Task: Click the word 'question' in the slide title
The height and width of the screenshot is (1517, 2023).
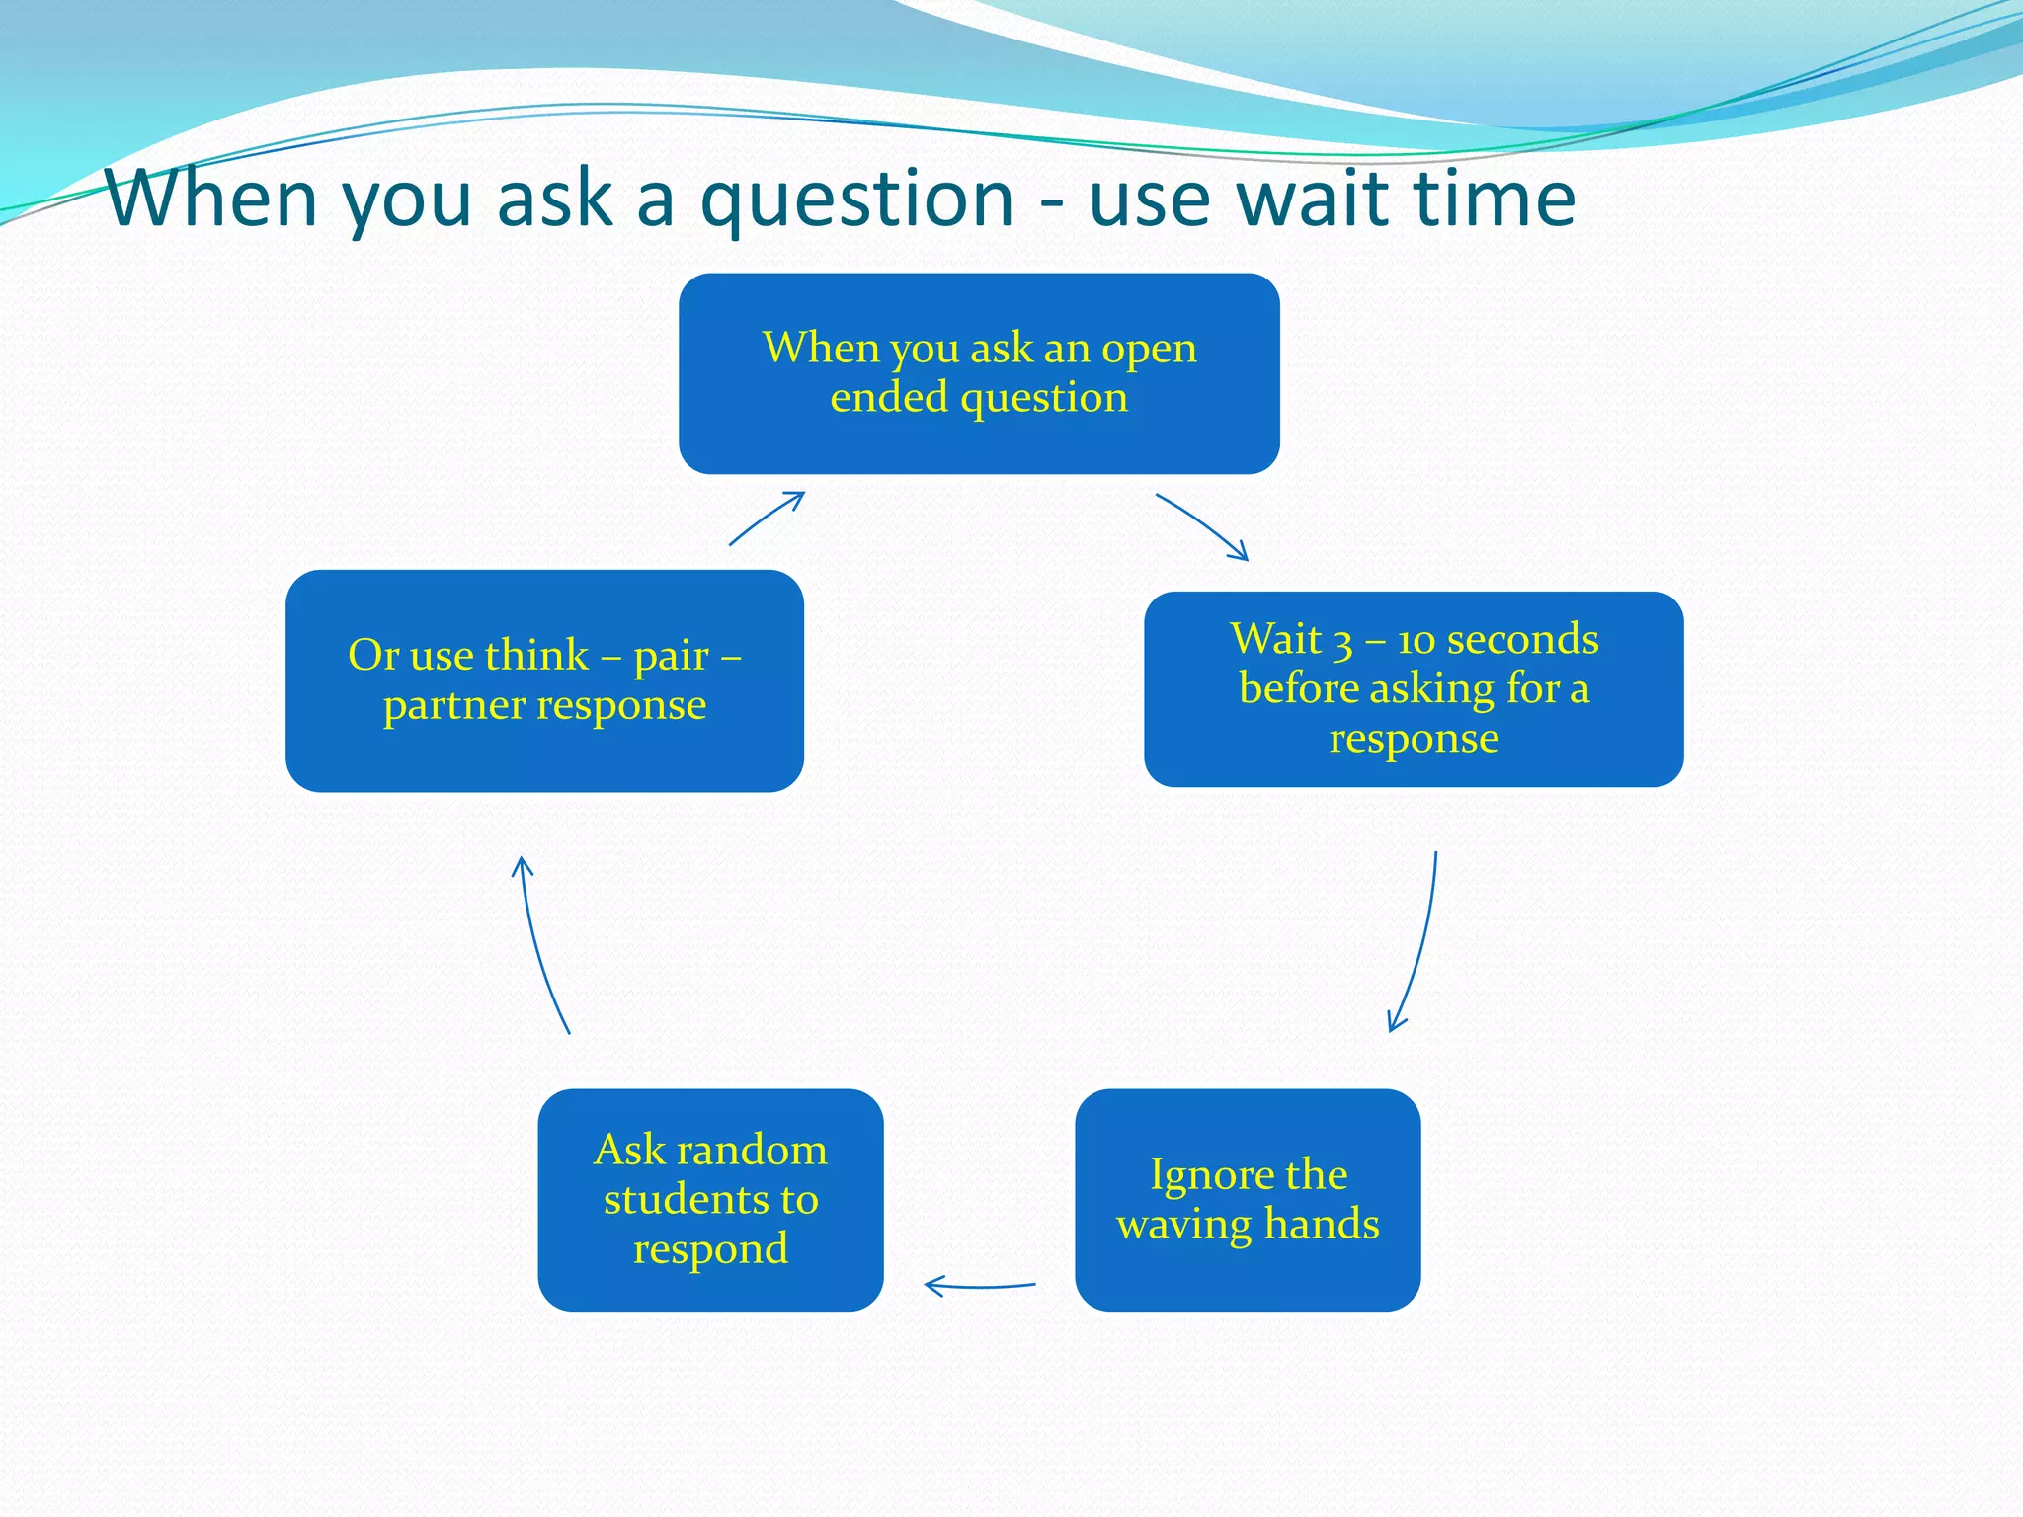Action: click(x=856, y=200)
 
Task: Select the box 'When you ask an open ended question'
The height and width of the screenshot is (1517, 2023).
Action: click(x=979, y=373)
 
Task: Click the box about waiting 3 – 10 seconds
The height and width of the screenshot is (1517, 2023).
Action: click(x=1414, y=688)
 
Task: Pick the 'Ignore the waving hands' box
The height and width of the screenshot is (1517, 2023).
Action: click(x=1247, y=1199)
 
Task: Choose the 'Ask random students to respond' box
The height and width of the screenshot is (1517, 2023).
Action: click(x=710, y=1199)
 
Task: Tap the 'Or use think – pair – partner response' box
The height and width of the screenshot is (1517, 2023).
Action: click(x=544, y=680)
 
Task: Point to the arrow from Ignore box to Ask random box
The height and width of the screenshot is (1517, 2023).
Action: click(x=980, y=1286)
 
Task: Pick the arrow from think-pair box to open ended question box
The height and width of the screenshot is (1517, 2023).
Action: click(x=768, y=517)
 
